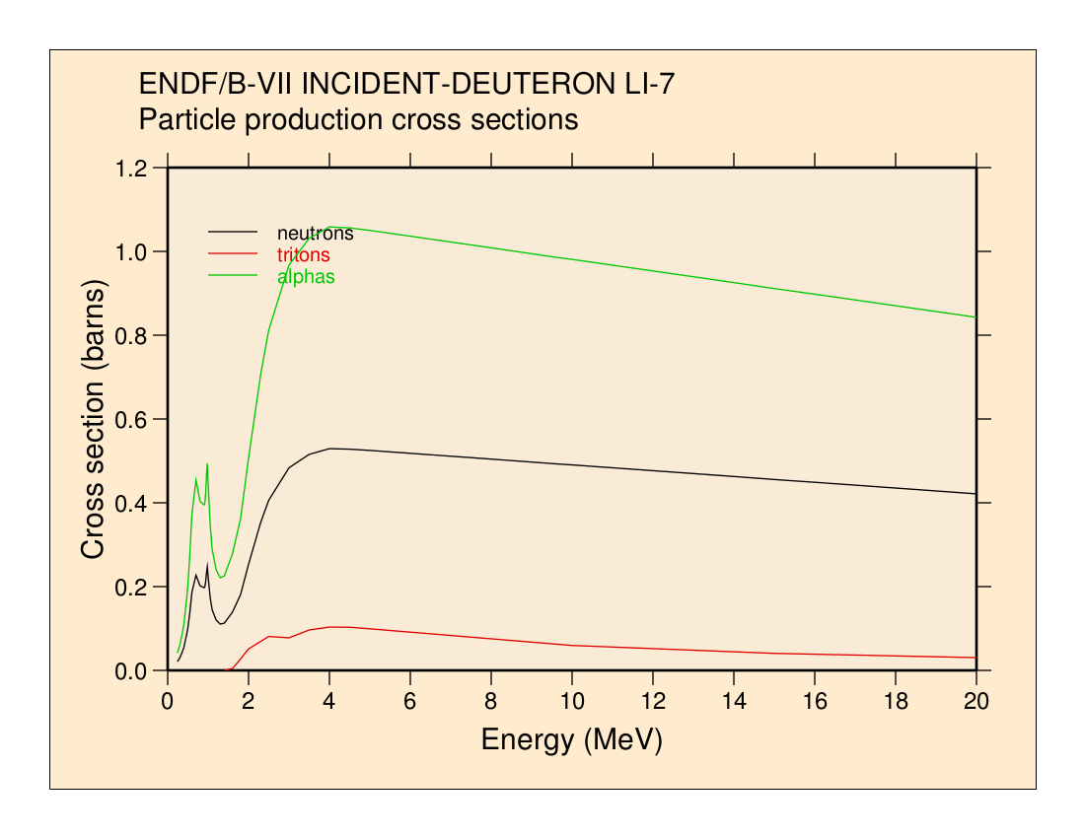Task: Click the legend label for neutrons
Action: pos(315,234)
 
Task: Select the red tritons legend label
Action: pos(304,255)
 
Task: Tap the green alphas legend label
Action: pos(306,277)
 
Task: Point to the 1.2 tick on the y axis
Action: pos(132,169)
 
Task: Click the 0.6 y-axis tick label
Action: pos(132,420)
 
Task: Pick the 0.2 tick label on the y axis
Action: pos(132,588)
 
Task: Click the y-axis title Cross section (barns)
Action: pos(93,420)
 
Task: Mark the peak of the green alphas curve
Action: pos(335,227)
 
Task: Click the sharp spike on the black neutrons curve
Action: pos(207,563)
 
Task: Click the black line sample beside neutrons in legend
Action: pos(233,232)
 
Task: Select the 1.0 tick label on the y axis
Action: pos(132,252)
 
